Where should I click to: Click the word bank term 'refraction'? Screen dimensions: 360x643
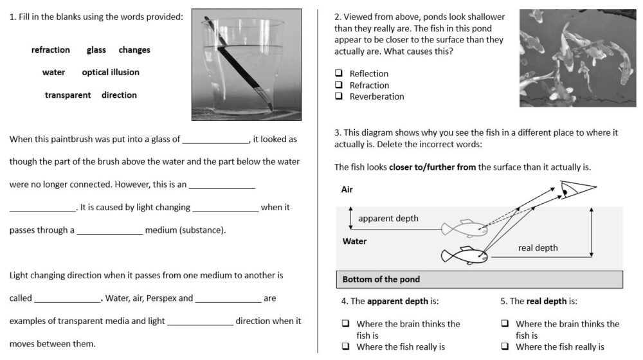51,50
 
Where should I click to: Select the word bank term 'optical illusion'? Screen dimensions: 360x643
111,73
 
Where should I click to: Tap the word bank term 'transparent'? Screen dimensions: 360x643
68,95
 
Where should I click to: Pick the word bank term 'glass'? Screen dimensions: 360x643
96,50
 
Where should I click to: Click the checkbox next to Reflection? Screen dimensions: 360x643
338,74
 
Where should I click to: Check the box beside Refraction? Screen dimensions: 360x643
338,85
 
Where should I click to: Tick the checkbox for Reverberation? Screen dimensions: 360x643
338,96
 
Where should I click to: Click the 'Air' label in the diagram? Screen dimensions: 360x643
347,190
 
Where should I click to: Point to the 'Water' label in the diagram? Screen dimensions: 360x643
354,242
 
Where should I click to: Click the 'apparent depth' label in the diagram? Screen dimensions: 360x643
388,219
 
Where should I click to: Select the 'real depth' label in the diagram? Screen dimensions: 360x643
538,248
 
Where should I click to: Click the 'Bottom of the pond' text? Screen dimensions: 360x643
381,280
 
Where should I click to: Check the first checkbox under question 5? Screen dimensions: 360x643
505,324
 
